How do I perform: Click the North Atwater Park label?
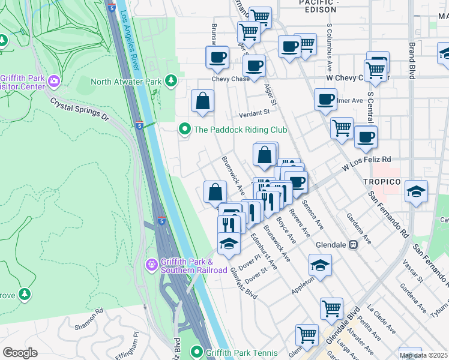[x=126, y=81]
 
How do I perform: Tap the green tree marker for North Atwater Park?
[x=171, y=80]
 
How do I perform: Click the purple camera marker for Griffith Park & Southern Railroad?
[x=152, y=263]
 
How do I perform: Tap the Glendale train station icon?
[x=354, y=244]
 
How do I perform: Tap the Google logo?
[x=20, y=352]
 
